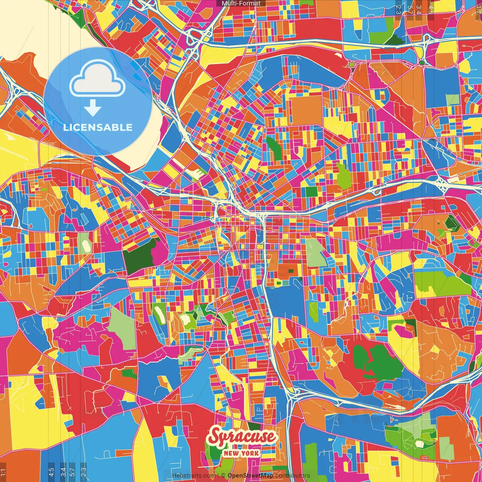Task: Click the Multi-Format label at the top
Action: (x=241, y=3)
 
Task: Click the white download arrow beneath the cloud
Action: (x=93, y=108)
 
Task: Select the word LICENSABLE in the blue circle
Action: (x=98, y=127)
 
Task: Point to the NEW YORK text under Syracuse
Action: (x=241, y=453)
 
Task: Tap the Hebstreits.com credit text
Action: (x=194, y=476)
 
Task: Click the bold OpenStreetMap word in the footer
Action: (x=250, y=476)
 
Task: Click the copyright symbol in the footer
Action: (x=223, y=476)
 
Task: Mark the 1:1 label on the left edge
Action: (x=3, y=472)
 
